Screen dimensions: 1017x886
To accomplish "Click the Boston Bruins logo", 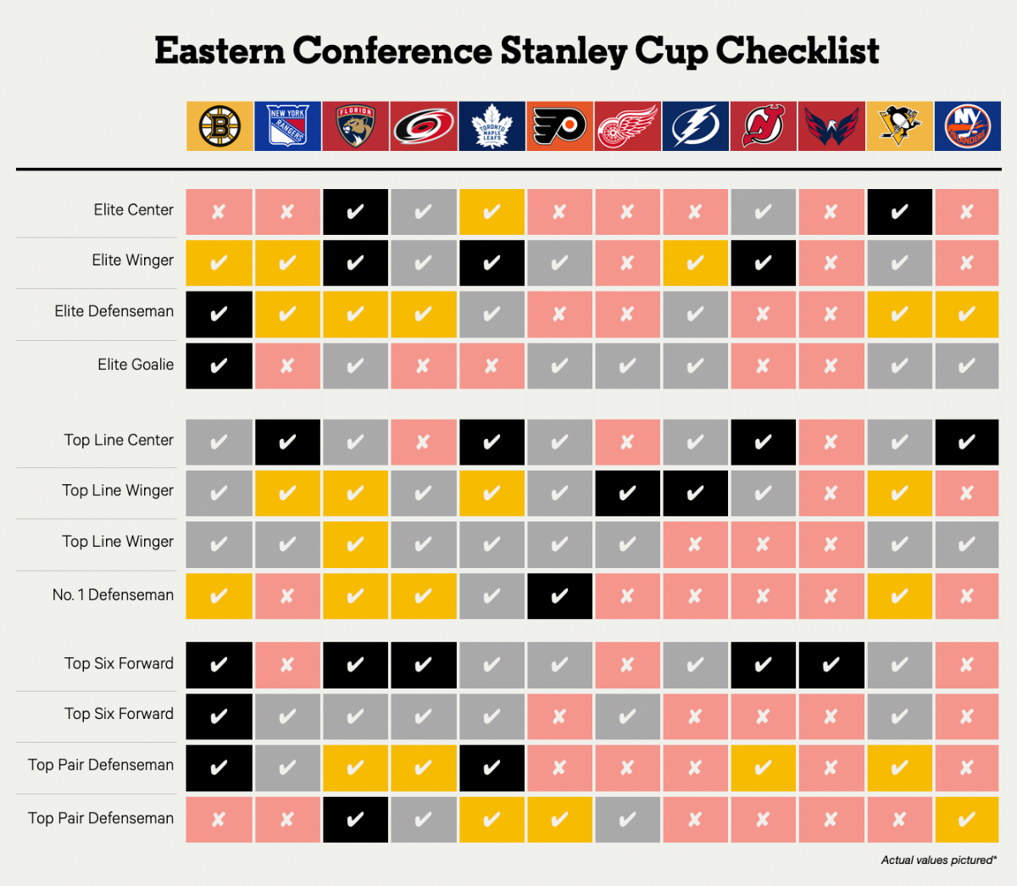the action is [x=220, y=126].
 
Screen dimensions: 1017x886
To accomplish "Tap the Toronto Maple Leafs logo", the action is [x=492, y=126].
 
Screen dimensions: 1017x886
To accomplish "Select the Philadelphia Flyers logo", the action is [x=559, y=126].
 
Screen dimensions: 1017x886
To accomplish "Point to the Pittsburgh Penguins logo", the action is [x=900, y=126].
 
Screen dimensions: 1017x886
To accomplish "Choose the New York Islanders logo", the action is [x=967, y=126].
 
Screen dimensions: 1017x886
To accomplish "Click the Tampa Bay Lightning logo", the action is [x=696, y=126].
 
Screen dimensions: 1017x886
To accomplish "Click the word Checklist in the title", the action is [x=797, y=51].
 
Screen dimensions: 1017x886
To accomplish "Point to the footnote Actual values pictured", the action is [x=938, y=861].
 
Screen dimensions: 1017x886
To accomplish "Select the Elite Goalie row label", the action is [x=136, y=365].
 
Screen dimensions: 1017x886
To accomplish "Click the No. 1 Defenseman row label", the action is [x=113, y=595].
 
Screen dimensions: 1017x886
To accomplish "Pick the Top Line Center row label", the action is [x=119, y=441].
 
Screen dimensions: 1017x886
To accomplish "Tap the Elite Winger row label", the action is [x=133, y=260].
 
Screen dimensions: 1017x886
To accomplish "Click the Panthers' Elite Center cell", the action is [x=355, y=212].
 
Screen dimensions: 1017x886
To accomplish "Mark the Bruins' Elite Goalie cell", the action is [x=220, y=366].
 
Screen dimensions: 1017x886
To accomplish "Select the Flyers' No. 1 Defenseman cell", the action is [x=559, y=596].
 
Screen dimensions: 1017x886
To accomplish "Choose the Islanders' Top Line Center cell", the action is [x=967, y=442].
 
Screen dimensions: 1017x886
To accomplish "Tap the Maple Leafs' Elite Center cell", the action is [x=492, y=212].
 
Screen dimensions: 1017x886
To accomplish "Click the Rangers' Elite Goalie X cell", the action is [x=287, y=366].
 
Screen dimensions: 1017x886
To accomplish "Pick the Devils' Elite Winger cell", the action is [x=763, y=263].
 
